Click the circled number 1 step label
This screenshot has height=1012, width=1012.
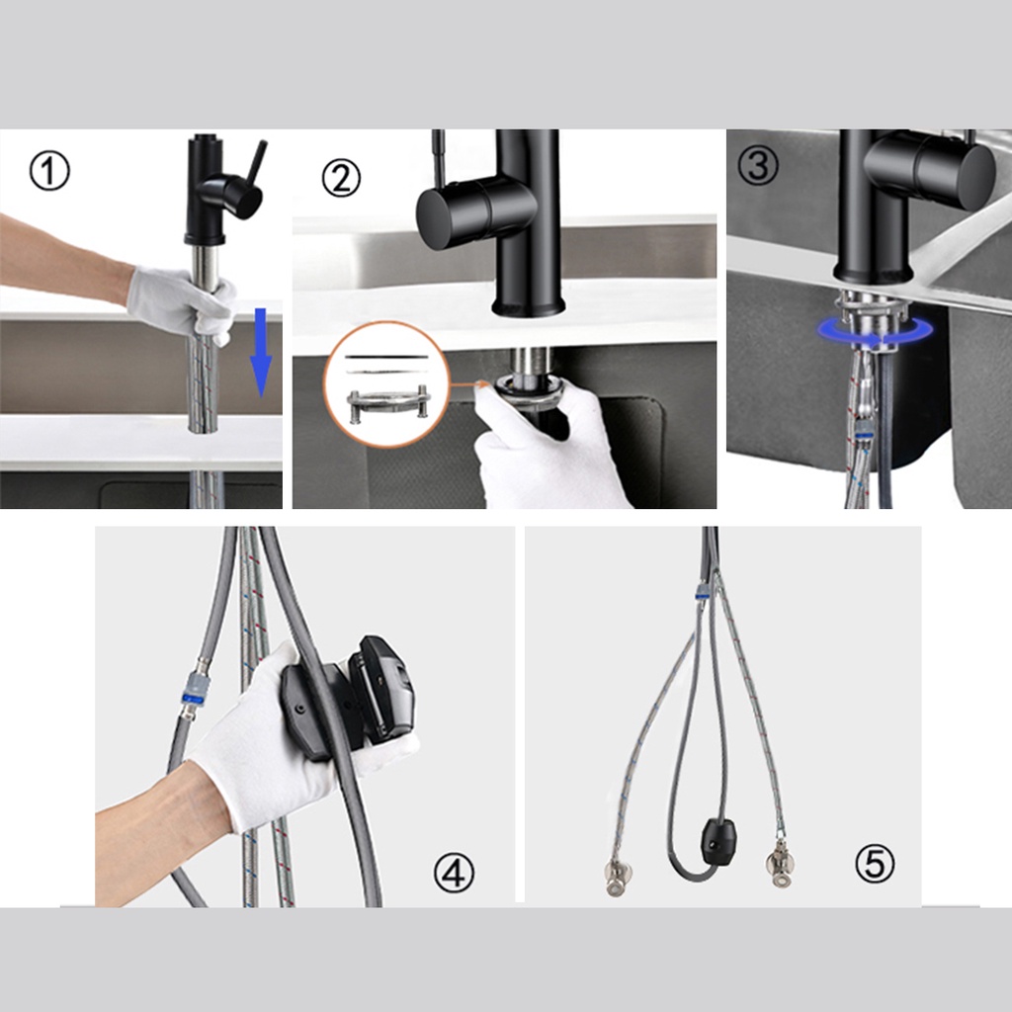tap(49, 171)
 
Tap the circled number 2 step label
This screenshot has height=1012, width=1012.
tap(341, 178)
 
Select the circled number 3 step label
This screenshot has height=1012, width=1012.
tap(758, 165)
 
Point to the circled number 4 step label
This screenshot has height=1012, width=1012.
tap(453, 874)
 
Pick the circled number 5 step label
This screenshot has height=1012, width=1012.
tap(875, 863)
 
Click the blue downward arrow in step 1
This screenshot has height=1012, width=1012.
tap(260, 353)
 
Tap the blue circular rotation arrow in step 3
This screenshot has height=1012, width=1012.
tap(876, 331)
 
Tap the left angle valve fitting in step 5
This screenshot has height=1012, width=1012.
tap(616, 878)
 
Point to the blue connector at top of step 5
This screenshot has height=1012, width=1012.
tap(702, 591)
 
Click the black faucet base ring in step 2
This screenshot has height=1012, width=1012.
tap(529, 306)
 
